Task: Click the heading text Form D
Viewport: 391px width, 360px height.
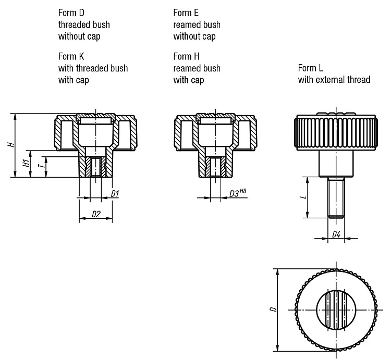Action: coord(71,13)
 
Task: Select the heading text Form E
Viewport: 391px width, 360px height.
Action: coord(186,13)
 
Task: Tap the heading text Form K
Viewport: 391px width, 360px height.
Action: coord(71,56)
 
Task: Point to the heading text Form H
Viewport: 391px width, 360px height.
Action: coord(186,56)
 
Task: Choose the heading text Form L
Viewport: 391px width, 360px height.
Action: coord(311,68)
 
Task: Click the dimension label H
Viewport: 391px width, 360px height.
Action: coord(11,144)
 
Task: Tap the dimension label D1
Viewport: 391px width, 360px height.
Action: coord(115,194)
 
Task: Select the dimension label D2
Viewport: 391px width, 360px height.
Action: coord(96,214)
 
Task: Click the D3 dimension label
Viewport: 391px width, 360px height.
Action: coord(234,194)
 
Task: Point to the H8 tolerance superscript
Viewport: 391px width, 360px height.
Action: coord(242,191)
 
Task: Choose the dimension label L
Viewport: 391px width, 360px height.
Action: coord(304,197)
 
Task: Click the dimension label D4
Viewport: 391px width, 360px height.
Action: coord(336,234)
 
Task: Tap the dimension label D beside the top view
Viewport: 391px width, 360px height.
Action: coord(274,309)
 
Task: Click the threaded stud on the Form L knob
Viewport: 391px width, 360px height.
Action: coord(336,197)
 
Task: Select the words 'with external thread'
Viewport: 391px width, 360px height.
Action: coord(334,80)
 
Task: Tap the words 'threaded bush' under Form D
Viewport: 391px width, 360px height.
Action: coord(84,24)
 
